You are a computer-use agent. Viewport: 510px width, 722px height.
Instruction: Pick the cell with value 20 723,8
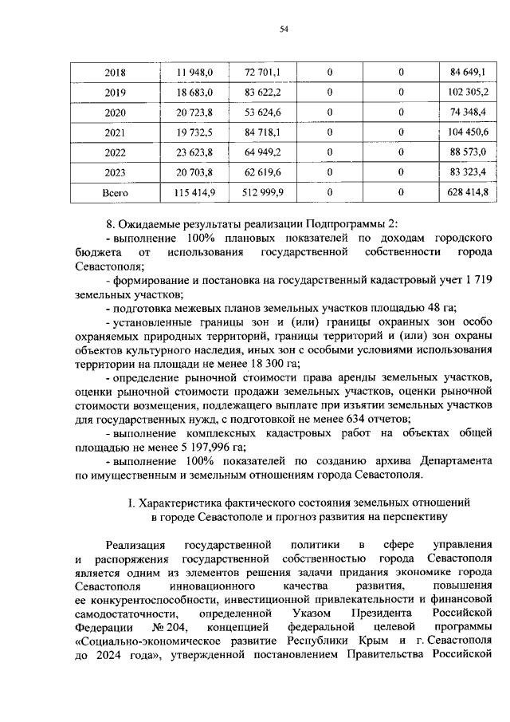click(195, 112)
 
